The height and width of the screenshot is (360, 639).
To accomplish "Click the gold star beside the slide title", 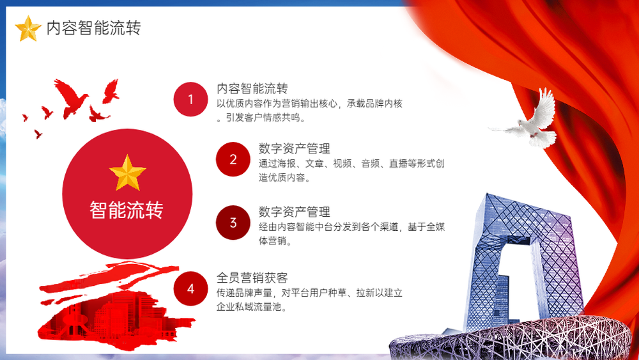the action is coord(28,29).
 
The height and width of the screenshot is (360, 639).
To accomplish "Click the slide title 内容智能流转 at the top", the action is coord(94,27).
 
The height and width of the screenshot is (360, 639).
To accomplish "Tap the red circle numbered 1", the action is coord(190,99).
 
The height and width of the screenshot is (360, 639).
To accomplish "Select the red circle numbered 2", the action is coord(233,159).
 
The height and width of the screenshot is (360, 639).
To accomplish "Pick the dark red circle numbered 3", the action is coord(233,223).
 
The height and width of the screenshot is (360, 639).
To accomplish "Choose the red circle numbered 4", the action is coord(190,288).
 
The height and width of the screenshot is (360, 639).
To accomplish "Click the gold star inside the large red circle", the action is coord(128,173).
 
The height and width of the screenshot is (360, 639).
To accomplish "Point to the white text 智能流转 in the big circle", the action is coord(127,210).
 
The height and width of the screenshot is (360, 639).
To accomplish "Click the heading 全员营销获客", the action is coord(252,278).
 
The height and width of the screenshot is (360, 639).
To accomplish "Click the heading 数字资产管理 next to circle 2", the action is coord(294,148).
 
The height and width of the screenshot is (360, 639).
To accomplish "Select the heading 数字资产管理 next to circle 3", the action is coord(294,212).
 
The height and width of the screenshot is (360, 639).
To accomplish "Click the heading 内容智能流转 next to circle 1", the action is coord(252,88).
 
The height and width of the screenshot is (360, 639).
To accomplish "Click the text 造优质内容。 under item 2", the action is coord(284,177).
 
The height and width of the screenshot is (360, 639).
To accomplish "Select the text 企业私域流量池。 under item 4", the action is coord(252,306).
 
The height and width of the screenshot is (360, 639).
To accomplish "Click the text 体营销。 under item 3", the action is coord(275,241).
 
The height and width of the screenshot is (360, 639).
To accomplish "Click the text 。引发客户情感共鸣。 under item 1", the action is coord(261,118).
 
